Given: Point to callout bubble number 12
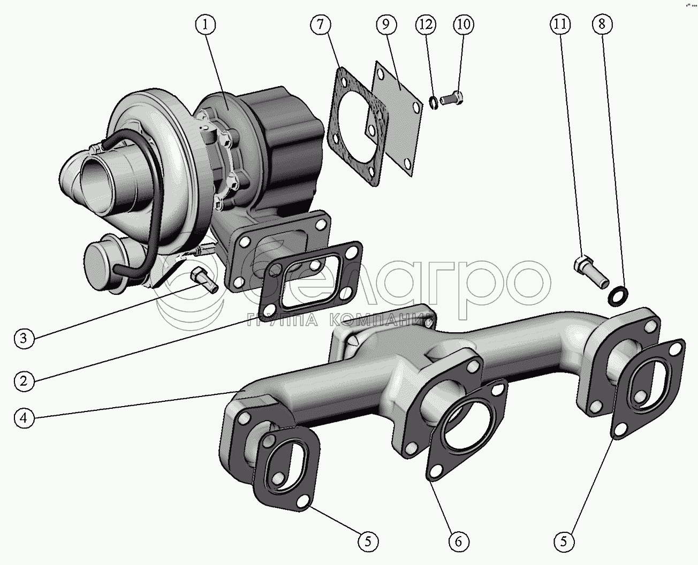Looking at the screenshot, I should [x=427, y=24].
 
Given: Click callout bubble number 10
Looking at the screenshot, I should [x=463, y=24].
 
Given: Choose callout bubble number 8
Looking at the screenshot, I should [x=602, y=24].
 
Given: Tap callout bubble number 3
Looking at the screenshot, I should [x=24, y=338].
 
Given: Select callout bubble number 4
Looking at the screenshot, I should [x=24, y=418].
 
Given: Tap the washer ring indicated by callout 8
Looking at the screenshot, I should [x=619, y=294].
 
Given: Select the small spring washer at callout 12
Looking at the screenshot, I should [x=434, y=102].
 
